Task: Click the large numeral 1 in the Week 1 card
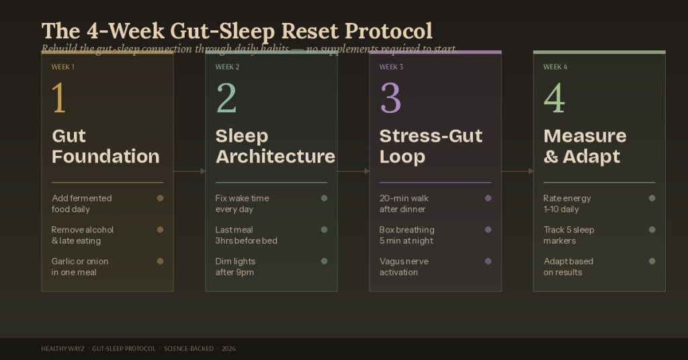(x=59, y=98)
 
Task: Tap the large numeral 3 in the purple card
(x=390, y=98)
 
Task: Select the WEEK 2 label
(x=227, y=67)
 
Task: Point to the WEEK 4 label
(x=555, y=67)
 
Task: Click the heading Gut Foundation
(x=105, y=146)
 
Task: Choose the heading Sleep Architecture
(x=275, y=146)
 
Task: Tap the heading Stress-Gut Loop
(x=431, y=146)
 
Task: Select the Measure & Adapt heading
(x=585, y=146)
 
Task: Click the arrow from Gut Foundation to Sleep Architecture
(x=189, y=171)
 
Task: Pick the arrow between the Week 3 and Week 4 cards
(x=517, y=171)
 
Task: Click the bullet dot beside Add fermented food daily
(x=160, y=198)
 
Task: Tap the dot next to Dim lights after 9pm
(x=324, y=261)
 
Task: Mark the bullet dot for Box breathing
(x=488, y=230)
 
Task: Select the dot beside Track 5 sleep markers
(x=652, y=230)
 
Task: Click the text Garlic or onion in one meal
(x=80, y=267)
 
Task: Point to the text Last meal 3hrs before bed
(x=246, y=235)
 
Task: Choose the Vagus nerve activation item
(x=404, y=267)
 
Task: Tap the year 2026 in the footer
(x=228, y=349)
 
